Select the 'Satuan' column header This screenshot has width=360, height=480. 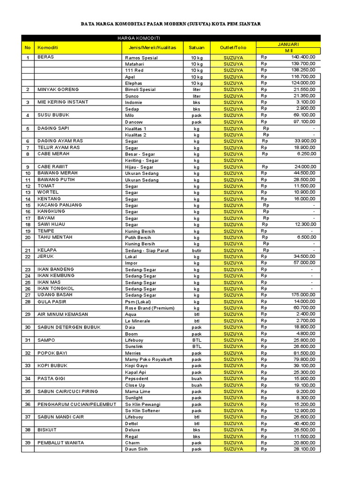[196, 47]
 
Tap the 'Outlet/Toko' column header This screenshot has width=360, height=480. [233, 47]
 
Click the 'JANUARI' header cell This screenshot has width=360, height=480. [288, 44]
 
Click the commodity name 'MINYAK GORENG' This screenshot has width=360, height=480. [58, 89]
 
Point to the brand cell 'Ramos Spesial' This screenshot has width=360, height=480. [141, 58]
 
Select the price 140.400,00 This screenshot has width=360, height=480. [303, 57]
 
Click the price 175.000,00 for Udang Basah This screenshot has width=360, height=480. [303, 295]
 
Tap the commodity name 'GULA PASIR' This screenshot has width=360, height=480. [52, 301]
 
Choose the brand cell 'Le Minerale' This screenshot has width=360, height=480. [137, 321]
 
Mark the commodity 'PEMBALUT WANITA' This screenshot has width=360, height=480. [61, 442]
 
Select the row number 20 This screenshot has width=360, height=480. [28, 237]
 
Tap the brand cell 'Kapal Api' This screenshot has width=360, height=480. [135, 372]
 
